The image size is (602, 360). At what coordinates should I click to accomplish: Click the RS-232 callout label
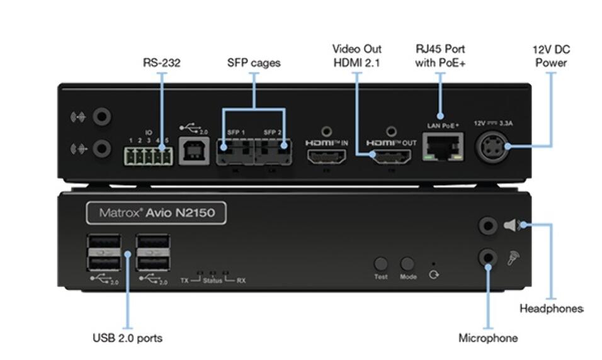[x=161, y=62]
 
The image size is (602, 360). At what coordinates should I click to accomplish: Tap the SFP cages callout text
[x=254, y=62]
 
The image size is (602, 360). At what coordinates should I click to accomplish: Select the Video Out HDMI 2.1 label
[x=356, y=55]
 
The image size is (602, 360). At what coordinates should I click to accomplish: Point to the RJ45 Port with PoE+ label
[x=440, y=55]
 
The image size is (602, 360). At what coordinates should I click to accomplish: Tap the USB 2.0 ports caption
[x=127, y=338]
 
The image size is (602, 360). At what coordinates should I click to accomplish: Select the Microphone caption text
[x=488, y=338]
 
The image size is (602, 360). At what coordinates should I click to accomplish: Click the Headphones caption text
[x=551, y=308]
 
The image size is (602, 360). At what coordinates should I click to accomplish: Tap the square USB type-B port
[x=190, y=154]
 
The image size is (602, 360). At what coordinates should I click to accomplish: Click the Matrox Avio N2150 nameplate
[x=156, y=213]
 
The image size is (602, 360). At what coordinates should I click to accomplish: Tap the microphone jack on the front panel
[x=488, y=256]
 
